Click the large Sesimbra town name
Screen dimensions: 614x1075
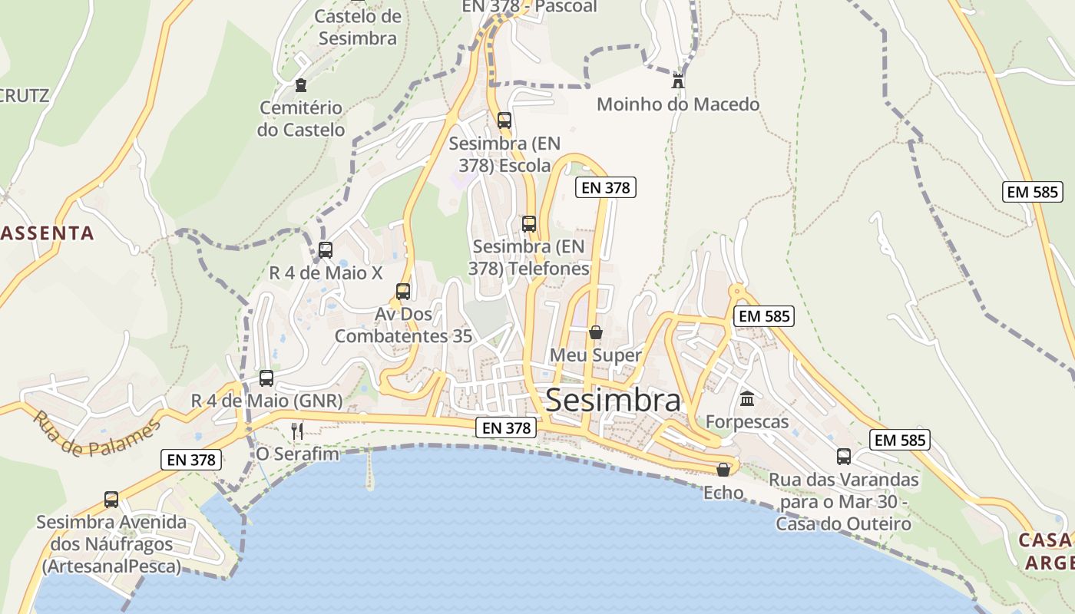point(613,401)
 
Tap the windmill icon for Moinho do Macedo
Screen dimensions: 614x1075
point(678,80)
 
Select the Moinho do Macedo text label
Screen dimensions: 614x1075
point(678,104)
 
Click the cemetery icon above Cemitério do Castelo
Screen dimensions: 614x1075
point(301,85)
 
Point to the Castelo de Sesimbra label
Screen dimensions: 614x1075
point(358,27)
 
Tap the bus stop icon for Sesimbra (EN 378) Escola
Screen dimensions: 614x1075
point(504,120)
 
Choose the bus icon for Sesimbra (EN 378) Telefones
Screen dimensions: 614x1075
point(529,224)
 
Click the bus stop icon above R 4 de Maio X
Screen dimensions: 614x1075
point(326,249)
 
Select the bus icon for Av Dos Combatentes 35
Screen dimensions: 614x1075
point(403,292)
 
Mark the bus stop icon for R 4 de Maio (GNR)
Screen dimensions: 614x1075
point(266,378)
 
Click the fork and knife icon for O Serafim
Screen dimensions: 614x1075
point(298,431)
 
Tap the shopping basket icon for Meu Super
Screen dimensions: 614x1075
point(595,332)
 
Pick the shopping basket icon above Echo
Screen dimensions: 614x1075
point(723,469)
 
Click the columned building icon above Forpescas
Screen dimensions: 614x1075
point(747,398)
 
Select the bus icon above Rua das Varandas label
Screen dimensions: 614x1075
point(844,457)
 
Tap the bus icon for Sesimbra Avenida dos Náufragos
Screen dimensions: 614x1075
point(111,500)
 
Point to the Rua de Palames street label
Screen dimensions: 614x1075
point(96,435)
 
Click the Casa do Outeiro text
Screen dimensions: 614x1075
point(843,524)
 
